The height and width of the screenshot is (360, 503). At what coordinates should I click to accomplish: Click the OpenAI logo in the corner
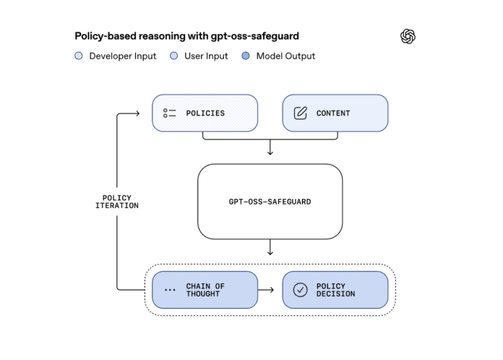click(408, 36)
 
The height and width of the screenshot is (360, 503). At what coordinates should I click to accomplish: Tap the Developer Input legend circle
click(79, 56)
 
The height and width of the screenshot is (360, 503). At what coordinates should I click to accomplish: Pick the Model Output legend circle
click(246, 56)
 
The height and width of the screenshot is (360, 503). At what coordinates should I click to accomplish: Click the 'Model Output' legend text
click(285, 56)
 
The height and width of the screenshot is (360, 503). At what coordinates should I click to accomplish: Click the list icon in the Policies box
click(170, 113)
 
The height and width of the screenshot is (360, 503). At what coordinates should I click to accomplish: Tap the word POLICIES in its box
click(205, 113)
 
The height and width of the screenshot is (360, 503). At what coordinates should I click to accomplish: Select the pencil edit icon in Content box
click(301, 113)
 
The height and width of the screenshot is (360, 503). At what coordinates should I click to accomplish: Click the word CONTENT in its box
click(333, 113)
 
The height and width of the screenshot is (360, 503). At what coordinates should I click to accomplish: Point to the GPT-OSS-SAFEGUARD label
click(270, 202)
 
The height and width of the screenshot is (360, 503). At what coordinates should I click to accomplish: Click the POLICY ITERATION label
click(117, 202)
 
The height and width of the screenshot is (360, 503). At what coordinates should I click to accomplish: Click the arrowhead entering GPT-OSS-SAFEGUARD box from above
click(270, 153)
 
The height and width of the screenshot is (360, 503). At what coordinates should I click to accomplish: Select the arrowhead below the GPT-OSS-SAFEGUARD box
click(270, 252)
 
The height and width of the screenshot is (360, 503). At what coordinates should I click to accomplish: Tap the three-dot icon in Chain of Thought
click(171, 291)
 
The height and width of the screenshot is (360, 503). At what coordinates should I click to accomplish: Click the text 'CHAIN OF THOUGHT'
click(205, 290)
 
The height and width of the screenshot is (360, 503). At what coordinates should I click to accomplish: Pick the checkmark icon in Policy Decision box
click(301, 290)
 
